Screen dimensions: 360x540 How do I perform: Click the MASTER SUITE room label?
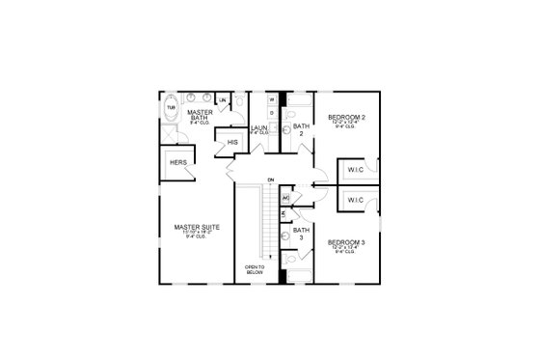(197, 227)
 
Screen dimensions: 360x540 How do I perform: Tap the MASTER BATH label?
(199, 115)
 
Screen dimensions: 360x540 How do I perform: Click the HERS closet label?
(178, 163)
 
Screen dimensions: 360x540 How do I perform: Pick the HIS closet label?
(232, 143)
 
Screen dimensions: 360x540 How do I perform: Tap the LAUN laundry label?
(258, 127)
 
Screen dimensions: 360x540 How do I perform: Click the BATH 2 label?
(301, 129)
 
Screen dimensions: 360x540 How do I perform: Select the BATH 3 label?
(301, 234)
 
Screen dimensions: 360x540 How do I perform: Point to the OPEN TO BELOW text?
(254, 268)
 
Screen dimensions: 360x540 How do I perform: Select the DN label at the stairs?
(272, 180)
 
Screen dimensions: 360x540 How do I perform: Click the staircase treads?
(256, 222)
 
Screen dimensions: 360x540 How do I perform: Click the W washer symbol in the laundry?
(272, 99)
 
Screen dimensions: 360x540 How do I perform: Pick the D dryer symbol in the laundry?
(272, 115)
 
